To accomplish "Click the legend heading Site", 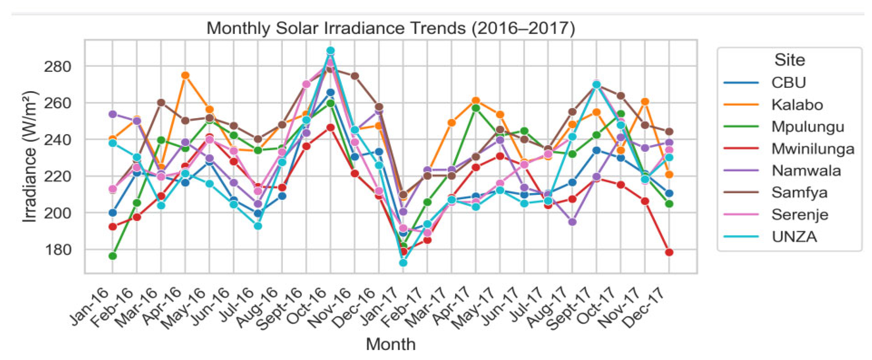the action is (x=789, y=60).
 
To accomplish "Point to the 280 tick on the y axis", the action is (x=58, y=66).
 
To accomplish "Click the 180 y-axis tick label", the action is (x=58, y=250).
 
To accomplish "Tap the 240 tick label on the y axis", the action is (x=58, y=139).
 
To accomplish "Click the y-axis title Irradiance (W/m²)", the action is (x=30, y=157).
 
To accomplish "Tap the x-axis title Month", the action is (x=391, y=344).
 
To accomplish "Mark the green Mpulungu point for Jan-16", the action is (x=113, y=256).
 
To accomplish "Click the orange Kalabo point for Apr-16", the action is (x=185, y=75).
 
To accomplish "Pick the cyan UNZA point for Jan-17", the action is (x=403, y=262).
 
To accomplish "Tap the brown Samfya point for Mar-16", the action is (x=161, y=102).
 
